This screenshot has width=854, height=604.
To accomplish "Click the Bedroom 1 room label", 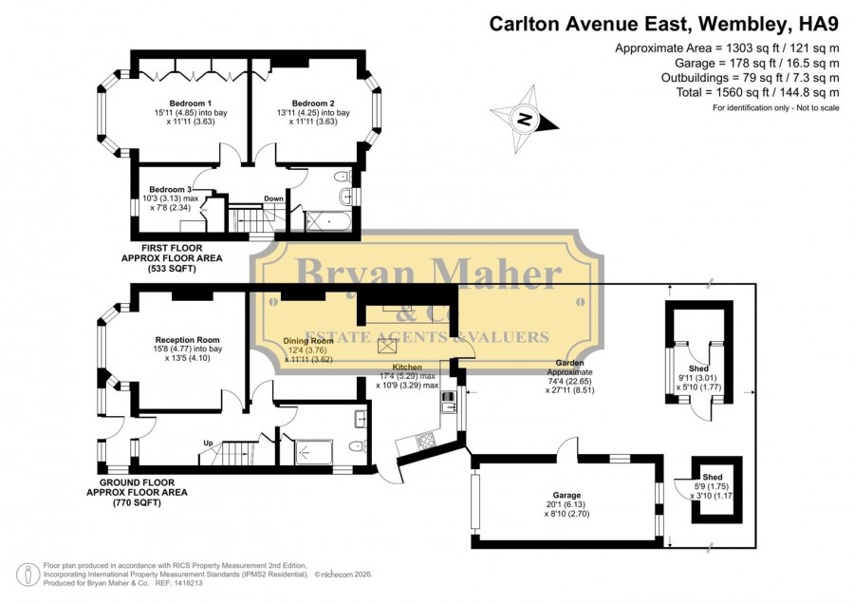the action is click(191, 103).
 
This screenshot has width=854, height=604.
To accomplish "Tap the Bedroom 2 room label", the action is click(313, 103).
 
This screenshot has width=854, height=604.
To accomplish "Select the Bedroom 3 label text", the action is click(171, 189).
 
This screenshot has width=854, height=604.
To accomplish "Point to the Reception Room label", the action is click(187, 340).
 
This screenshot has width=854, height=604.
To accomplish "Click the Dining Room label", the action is click(308, 341).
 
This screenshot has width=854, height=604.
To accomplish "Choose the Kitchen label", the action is click(407, 367).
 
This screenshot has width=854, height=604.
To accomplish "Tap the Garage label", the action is click(567, 495).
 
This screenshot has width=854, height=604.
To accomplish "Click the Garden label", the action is click(569, 363).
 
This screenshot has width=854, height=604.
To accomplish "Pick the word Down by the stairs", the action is click(274, 198).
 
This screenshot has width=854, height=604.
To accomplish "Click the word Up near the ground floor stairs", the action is click(208, 444).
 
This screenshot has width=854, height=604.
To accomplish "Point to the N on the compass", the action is click(524, 119).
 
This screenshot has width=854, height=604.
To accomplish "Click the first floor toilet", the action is click(342, 176).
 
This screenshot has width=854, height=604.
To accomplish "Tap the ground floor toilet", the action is click(356, 446).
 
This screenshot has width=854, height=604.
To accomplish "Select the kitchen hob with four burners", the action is click(425, 440).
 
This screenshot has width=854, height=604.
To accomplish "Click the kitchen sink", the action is click(448, 402).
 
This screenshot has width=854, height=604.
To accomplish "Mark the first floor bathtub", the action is click(327, 221).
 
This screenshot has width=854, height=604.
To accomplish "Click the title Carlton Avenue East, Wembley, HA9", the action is click(664, 24).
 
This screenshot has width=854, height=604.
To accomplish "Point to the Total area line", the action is click(757, 92).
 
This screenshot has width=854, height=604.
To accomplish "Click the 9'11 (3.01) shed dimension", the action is click(697, 378).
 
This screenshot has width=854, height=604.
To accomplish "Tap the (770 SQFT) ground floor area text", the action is click(137, 502).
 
